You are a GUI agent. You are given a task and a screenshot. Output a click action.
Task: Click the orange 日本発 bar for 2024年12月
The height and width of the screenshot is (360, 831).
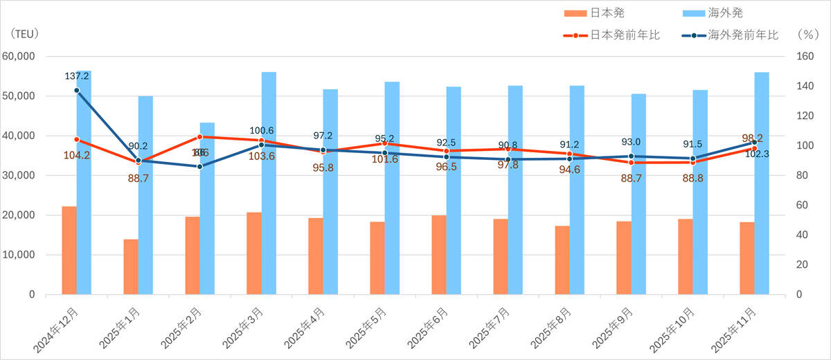point(69,250)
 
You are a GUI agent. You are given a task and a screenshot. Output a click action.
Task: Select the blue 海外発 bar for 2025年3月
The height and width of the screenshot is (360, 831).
point(269,183)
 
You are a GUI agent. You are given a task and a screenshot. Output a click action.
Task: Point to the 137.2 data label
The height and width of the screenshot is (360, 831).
point(77,76)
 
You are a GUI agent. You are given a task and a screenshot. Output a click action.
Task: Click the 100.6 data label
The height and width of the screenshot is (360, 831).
point(261,131)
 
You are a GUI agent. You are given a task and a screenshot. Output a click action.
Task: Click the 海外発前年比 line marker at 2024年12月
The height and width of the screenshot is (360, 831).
point(76,90)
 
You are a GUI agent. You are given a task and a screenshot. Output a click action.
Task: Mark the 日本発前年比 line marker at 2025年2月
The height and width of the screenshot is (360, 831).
point(199,137)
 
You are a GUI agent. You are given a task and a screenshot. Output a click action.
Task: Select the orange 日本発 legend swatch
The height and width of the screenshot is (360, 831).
point(575,12)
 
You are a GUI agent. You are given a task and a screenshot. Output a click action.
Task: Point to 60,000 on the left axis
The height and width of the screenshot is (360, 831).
point(20,57)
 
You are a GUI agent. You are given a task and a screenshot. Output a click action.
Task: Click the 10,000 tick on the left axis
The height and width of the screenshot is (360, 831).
point(20,255)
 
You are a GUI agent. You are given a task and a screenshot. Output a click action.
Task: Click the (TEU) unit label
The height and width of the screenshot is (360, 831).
point(25,33)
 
